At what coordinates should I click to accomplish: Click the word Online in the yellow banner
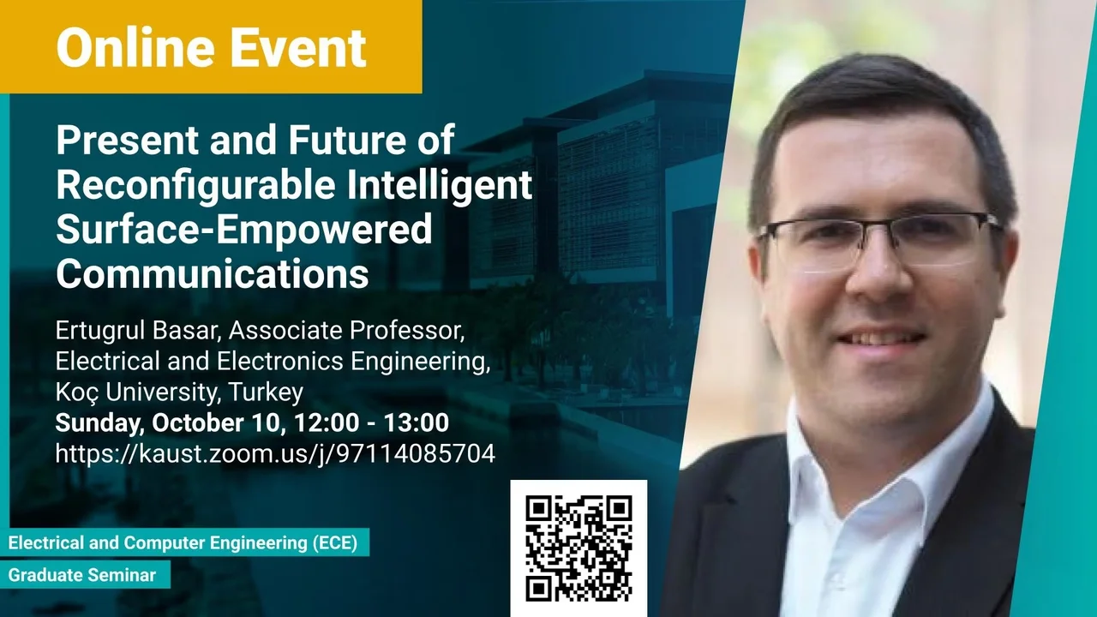[136, 47]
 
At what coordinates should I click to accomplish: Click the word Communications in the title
[213, 273]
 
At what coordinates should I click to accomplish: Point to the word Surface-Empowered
[244, 231]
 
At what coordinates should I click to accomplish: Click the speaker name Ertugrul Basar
[135, 331]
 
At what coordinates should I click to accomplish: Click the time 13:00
[417, 422]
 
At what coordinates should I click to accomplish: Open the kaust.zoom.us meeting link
[275, 453]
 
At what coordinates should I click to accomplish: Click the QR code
[578, 548]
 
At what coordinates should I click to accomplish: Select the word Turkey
[266, 392]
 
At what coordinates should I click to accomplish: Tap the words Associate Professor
[346, 331]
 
